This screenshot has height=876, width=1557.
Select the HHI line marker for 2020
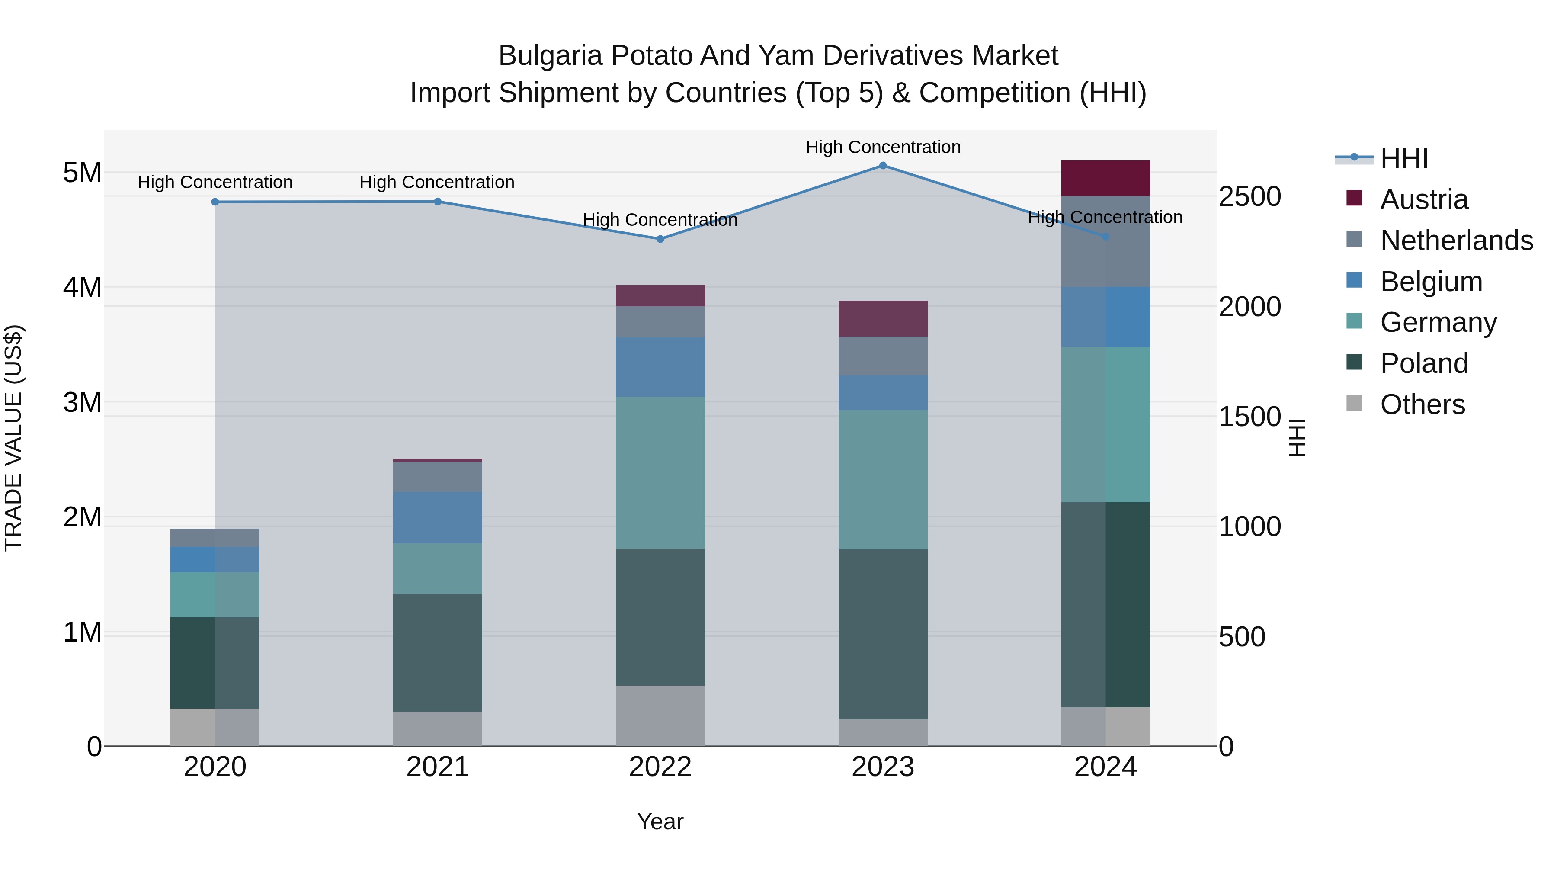[x=215, y=202]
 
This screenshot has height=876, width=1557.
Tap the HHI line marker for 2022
[x=660, y=239]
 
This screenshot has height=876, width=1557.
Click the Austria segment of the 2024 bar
[x=1105, y=178]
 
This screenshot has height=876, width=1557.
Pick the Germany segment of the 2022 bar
[x=660, y=473]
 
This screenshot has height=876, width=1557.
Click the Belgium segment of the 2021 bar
[x=438, y=517]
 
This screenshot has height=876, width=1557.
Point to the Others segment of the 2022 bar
[x=660, y=716]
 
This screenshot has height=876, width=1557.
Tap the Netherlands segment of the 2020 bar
[x=215, y=537]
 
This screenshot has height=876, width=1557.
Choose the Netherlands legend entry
[x=1456, y=241]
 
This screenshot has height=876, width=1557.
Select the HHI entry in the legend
[x=1403, y=158]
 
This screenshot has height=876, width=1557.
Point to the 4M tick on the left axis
[x=82, y=287]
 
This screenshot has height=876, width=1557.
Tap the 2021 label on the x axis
[x=438, y=767]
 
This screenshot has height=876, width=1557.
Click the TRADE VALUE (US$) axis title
[x=13, y=438]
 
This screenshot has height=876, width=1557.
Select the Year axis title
[x=660, y=821]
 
